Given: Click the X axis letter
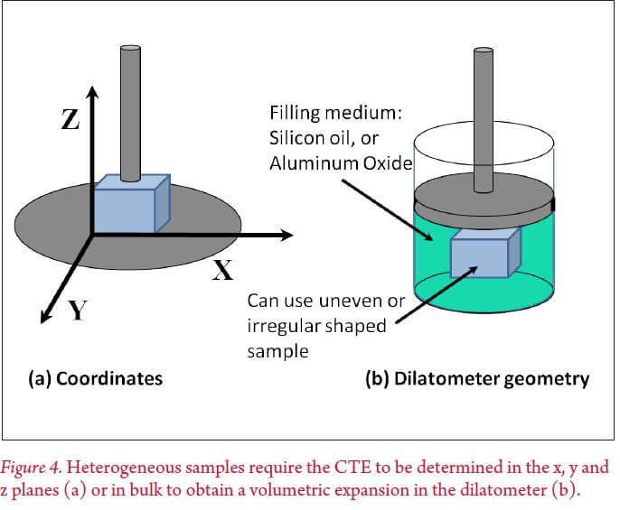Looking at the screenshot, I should pos(223,270).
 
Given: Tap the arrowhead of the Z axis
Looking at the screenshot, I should pos(91,90).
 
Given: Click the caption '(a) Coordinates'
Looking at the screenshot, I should pos(94,378).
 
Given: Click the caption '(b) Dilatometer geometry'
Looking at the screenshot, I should pos(476,378).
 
